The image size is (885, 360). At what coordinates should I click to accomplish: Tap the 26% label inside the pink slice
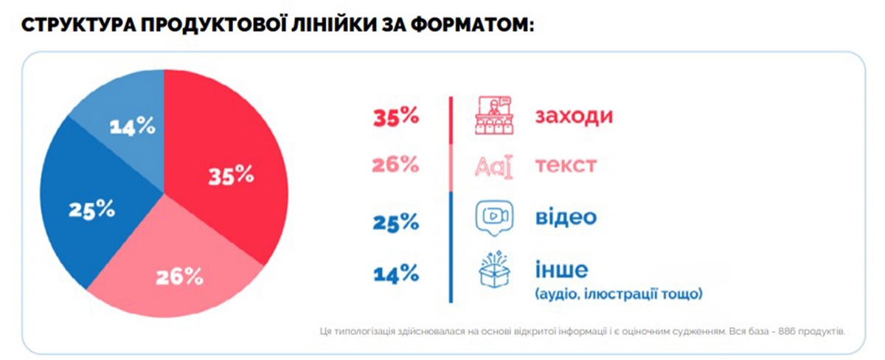pos(180,277)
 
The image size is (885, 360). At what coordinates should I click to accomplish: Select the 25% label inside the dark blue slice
pos(91,210)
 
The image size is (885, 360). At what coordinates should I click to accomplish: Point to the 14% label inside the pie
pos(133,126)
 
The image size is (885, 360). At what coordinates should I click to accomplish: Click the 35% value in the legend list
pos(397,117)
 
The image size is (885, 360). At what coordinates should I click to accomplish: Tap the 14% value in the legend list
pos(397,275)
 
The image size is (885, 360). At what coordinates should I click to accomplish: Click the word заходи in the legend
pos(575,117)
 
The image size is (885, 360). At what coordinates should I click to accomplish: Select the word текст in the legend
pos(566,165)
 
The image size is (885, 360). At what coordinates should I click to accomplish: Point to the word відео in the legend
pos(566,218)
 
